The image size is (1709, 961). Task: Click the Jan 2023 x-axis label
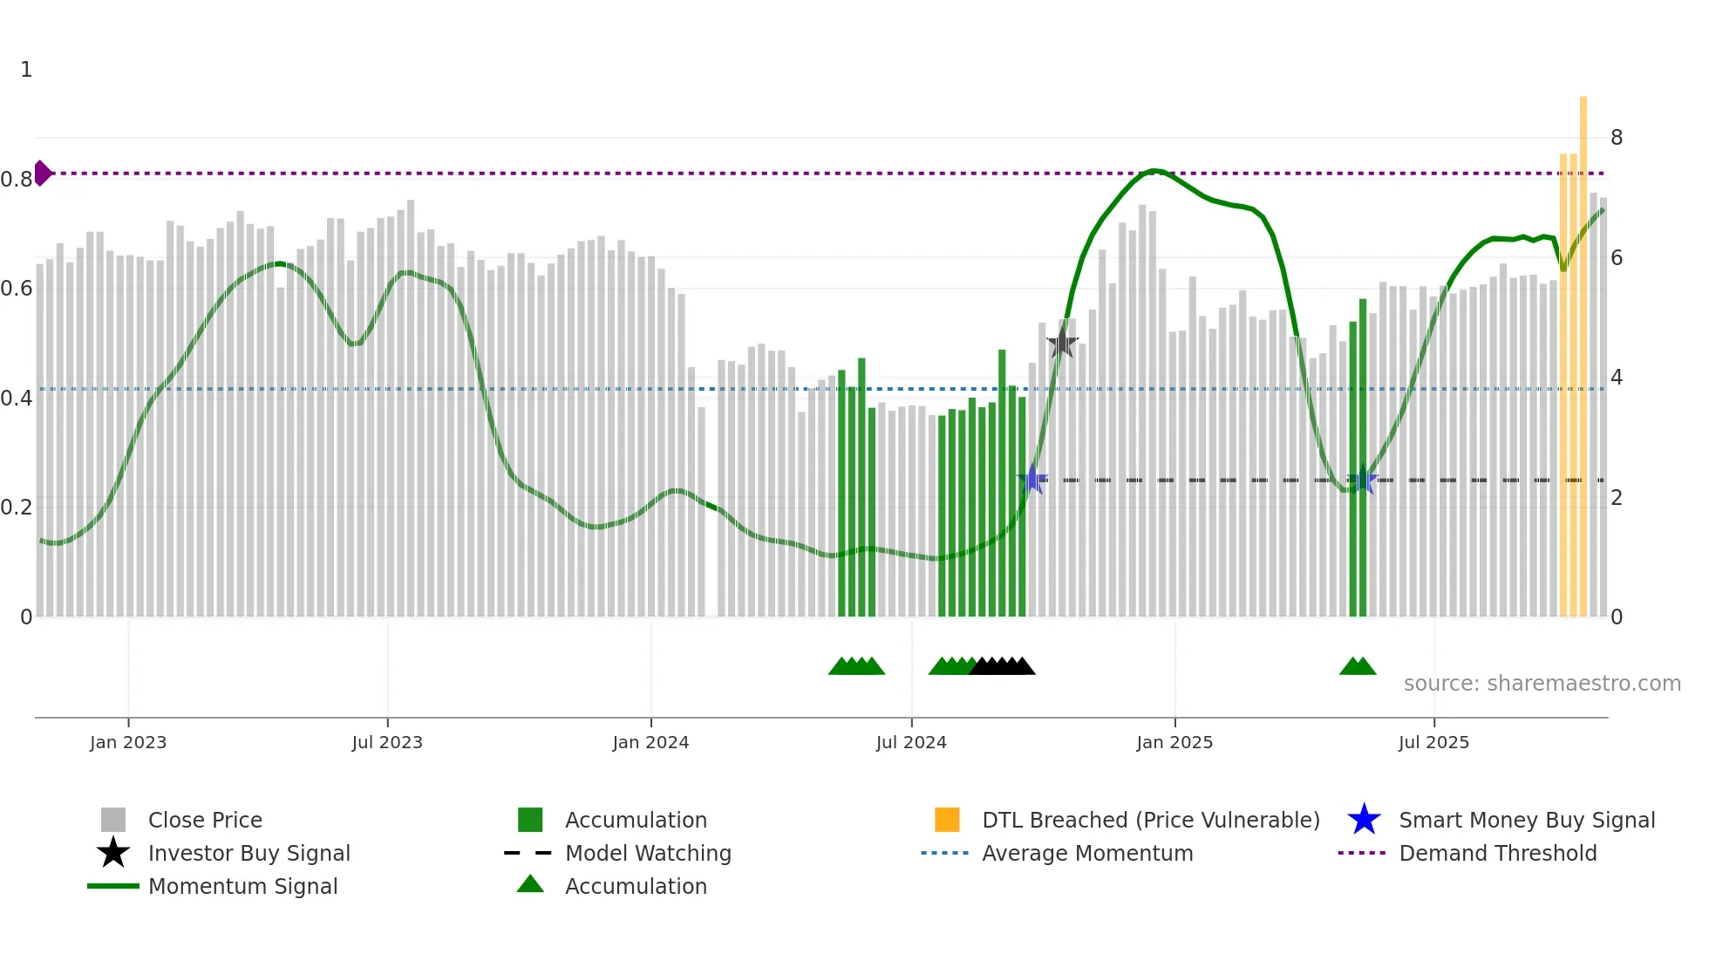click(x=127, y=742)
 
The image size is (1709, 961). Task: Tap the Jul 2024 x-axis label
click(x=911, y=742)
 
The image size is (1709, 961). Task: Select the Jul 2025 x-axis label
click(x=1433, y=742)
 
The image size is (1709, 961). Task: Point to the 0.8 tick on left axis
click(x=17, y=180)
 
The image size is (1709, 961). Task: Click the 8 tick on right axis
click(x=1617, y=138)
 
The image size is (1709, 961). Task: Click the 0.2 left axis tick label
click(x=17, y=508)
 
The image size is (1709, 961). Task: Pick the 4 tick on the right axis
click(x=1617, y=378)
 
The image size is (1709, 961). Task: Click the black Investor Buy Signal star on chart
click(x=1062, y=343)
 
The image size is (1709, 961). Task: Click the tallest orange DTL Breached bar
click(x=1583, y=349)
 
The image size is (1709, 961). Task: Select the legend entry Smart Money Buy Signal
click(x=1526, y=820)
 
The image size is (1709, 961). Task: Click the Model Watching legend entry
click(x=647, y=853)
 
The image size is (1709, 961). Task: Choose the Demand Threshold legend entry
click(x=1497, y=853)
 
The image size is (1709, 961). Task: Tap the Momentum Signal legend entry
click(x=242, y=886)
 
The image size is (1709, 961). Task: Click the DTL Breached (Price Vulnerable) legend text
click(x=1150, y=820)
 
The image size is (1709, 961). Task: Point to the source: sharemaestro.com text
click(x=1542, y=684)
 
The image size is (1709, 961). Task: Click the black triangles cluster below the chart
click(x=1003, y=666)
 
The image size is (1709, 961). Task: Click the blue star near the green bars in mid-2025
click(x=1363, y=480)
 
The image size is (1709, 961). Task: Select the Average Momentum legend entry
click(x=1086, y=853)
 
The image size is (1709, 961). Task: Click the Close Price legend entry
click(x=205, y=820)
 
